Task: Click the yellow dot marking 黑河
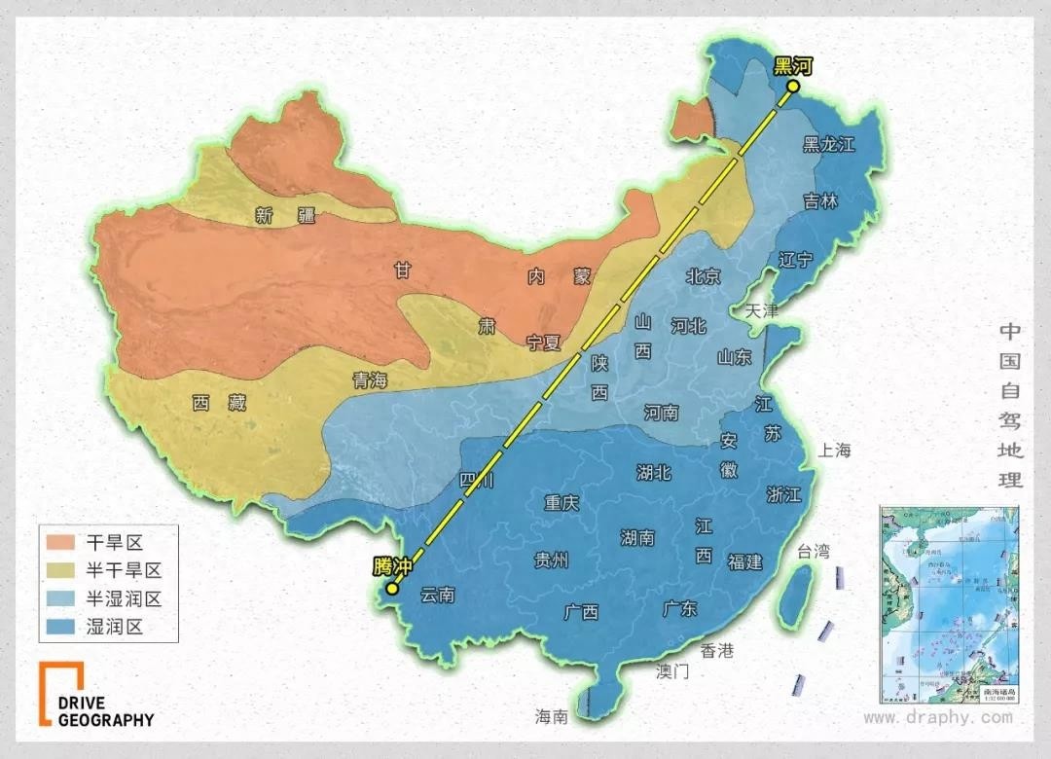(x=793, y=87)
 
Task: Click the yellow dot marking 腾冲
(x=391, y=588)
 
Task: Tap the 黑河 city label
(x=792, y=66)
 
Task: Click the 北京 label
(x=703, y=277)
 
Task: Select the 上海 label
(x=835, y=450)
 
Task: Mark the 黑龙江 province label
(x=828, y=145)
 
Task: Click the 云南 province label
(x=437, y=595)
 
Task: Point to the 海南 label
(x=551, y=716)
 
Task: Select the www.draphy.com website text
(x=937, y=717)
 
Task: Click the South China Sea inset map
(x=948, y=603)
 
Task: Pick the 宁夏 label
(x=544, y=342)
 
